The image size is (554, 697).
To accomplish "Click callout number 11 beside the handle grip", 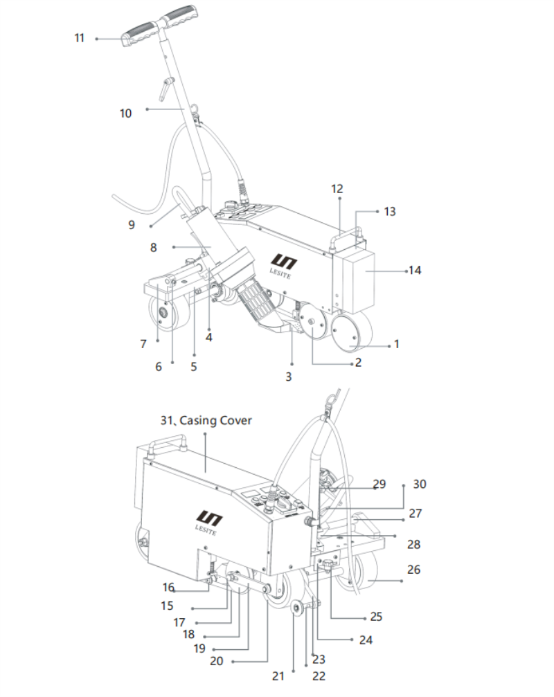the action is [79, 38].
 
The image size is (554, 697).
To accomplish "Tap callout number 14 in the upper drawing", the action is [415, 270].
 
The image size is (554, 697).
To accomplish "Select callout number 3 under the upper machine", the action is [289, 377].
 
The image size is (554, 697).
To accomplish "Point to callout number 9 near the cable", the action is [132, 225].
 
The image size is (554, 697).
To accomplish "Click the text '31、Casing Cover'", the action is [206, 421].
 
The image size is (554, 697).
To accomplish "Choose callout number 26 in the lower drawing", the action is [413, 570].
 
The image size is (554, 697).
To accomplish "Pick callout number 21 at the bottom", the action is [278, 676].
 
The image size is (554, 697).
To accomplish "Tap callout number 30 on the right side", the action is [420, 484].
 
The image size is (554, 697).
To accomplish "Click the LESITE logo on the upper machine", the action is [282, 266].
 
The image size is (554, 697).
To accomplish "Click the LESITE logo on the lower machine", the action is [207, 523].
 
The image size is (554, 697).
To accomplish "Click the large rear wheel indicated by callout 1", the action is [352, 331].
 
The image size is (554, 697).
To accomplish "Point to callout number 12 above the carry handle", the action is [337, 189].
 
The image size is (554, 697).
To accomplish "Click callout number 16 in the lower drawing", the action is [168, 588].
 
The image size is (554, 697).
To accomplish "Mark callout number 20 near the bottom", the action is [217, 662].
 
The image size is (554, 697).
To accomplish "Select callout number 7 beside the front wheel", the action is [143, 344].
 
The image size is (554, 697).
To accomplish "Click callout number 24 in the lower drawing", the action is [366, 640].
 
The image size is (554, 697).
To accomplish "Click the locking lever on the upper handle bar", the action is [166, 88].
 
